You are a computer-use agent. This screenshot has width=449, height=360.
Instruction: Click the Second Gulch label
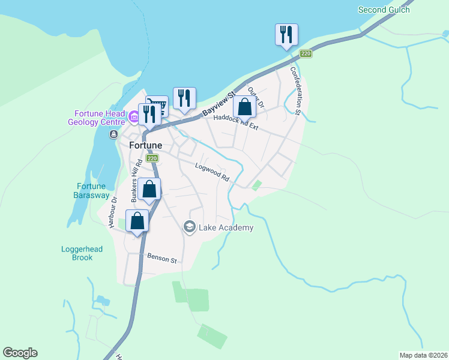click(x=384, y=10)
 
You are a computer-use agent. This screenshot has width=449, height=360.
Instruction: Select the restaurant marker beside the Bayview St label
click(x=184, y=98)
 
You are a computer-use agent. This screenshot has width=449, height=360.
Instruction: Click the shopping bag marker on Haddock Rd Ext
click(x=244, y=107)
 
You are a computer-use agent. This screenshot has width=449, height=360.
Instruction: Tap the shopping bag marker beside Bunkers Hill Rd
click(x=149, y=190)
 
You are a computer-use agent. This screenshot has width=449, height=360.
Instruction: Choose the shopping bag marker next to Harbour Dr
click(x=137, y=221)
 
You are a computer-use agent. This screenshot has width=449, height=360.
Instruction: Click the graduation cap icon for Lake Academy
click(x=190, y=227)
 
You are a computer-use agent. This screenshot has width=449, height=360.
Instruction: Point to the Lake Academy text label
click(x=226, y=227)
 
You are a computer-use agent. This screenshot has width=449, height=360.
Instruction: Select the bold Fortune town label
click(x=146, y=145)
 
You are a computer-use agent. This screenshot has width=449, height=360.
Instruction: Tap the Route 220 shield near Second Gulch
click(x=306, y=54)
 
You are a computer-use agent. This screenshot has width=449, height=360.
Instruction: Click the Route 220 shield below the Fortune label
click(x=152, y=158)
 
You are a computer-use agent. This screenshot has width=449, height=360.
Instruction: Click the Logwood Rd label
click(x=212, y=172)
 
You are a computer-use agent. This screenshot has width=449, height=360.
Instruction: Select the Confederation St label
click(x=295, y=90)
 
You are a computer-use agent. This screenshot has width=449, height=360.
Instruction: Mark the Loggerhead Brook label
click(x=77, y=253)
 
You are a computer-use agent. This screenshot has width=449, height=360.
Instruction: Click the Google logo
click(x=20, y=353)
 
